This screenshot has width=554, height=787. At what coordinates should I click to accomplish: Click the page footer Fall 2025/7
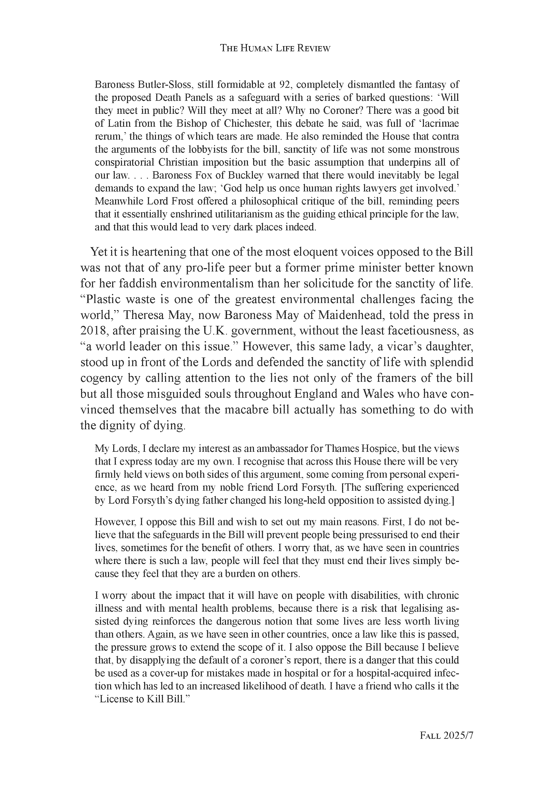[446, 736]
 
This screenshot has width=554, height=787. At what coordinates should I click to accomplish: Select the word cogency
[102, 378]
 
